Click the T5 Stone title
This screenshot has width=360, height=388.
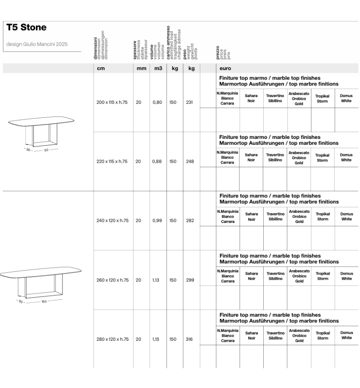pyautogui.click(x=27, y=28)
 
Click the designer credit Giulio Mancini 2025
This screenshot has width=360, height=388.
pyautogui.click(x=37, y=44)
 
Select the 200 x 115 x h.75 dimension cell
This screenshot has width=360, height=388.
pyautogui.click(x=112, y=103)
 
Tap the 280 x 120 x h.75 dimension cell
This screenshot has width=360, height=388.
pyautogui.click(x=112, y=339)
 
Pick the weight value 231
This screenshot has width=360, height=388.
pyautogui.click(x=189, y=103)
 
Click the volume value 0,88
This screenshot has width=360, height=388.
pyautogui.click(x=157, y=161)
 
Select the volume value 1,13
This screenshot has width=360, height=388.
pyautogui.click(x=156, y=280)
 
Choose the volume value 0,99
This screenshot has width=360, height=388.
pyautogui.click(x=157, y=221)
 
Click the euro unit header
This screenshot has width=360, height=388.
pyautogui.click(x=225, y=69)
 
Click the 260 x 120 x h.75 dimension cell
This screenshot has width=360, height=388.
pyautogui.click(x=112, y=280)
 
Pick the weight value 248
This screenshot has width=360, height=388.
pyautogui.click(x=189, y=161)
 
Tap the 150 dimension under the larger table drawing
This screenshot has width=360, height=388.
pyautogui.click(x=44, y=302)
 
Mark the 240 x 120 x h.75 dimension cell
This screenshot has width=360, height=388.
pyautogui.click(x=112, y=221)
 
